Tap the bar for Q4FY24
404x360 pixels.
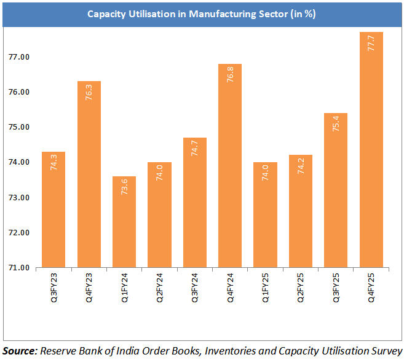pos(231,166)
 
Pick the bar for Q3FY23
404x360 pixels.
pos(53,209)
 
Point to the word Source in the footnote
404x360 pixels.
pos(19,351)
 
